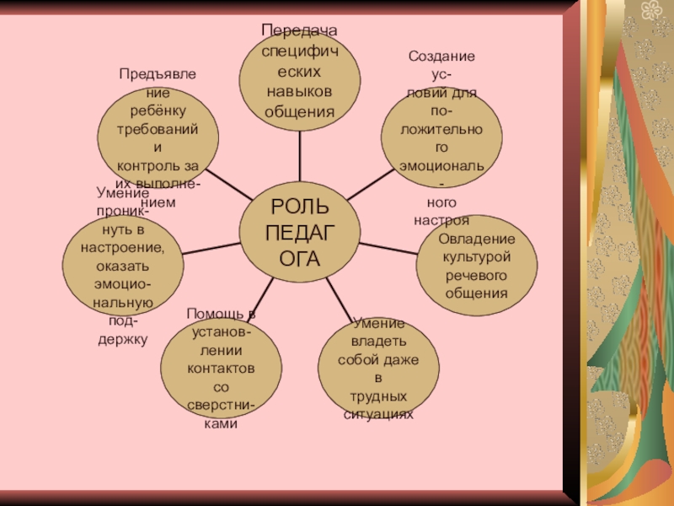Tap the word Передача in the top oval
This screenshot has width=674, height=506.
coord(299,30)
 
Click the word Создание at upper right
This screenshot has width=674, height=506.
coord(441,57)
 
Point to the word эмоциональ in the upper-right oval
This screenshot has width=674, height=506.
coord(441,166)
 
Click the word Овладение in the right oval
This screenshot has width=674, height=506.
coord(477,240)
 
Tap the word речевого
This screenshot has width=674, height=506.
coord(477,276)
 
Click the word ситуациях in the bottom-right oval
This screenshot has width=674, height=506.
coord(378,415)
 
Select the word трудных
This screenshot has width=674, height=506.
coord(378,396)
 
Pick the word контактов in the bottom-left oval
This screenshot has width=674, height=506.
coord(222,369)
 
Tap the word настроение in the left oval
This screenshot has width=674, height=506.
coord(123,247)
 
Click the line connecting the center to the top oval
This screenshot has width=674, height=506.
coord(300,156)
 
